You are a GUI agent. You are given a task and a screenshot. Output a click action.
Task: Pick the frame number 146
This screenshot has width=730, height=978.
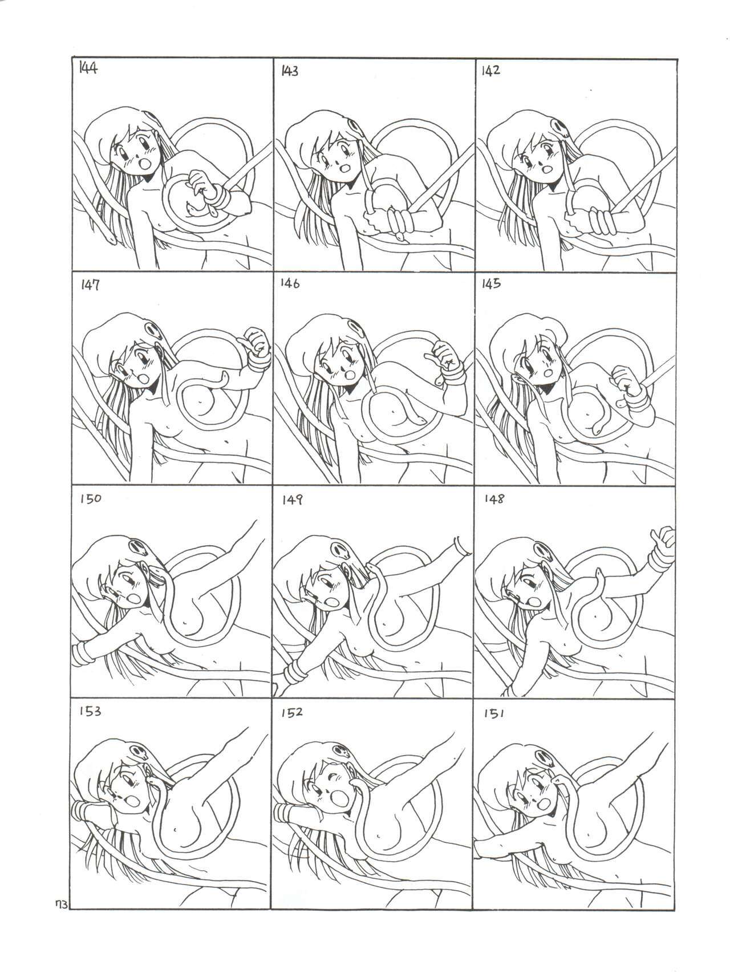click(290, 284)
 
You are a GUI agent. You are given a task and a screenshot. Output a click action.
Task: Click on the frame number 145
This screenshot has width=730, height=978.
click(492, 284)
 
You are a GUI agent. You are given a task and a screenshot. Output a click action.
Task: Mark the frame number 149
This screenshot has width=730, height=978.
click(292, 500)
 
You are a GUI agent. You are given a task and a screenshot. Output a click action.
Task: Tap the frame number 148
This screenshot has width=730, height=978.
click(494, 498)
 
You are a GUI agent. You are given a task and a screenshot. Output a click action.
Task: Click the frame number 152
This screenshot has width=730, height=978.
click(291, 713)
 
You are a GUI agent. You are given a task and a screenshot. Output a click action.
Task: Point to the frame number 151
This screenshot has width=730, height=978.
click(494, 714)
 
